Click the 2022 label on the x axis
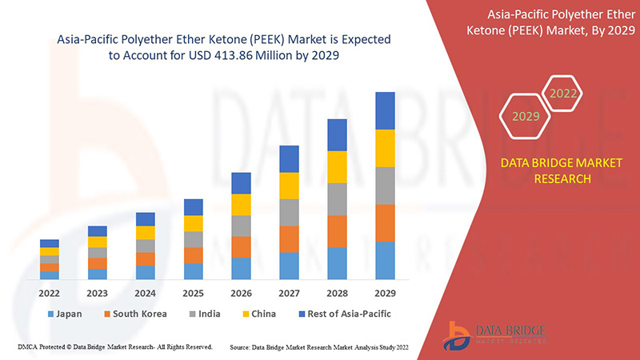point(50,293)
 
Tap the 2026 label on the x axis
point(241,293)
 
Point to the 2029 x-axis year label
point(385,293)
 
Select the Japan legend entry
point(65,314)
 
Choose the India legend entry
point(210,314)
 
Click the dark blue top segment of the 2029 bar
point(385,110)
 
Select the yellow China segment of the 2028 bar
point(337,166)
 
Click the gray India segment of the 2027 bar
point(289,212)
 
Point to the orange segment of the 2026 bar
point(241,246)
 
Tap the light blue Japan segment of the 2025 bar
point(193,271)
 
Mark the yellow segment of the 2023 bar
point(98,242)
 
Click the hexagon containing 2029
point(526,117)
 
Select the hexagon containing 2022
point(562,94)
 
